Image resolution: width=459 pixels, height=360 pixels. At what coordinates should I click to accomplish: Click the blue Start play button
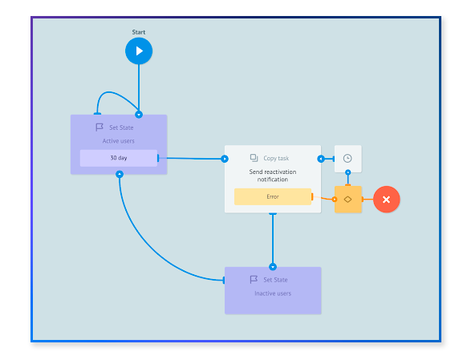[139, 51]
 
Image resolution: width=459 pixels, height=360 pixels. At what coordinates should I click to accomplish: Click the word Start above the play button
[139, 32]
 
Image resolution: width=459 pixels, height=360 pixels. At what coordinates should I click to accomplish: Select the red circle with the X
[386, 200]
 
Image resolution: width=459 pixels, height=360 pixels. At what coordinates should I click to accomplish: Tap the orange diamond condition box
[348, 199]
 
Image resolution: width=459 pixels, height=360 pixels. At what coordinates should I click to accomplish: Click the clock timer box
[347, 159]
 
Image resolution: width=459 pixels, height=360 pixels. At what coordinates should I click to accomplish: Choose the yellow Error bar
[273, 196]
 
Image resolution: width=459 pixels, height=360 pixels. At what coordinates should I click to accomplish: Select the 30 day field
[119, 158]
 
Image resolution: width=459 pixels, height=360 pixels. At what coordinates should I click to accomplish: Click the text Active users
[119, 141]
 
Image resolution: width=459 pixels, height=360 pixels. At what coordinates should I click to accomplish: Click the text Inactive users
[273, 293]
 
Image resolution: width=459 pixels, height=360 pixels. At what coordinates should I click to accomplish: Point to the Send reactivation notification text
[273, 176]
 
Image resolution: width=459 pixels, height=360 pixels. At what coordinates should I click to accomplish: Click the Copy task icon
[254, 159]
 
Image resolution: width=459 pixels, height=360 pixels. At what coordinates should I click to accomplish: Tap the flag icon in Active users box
[100, 127]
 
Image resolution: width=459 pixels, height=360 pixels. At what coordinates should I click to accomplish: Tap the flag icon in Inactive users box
[254, 280]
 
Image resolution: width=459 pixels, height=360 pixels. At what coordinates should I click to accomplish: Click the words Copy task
[276, 159]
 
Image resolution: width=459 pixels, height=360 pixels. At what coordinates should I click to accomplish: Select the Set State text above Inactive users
[276, 280]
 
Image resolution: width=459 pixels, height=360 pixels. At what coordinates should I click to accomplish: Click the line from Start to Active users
[139, 88]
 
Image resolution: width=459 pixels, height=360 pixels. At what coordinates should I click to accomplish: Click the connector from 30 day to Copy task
[193, 159]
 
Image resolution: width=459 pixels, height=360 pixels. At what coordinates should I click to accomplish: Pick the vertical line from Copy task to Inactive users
[273, 241]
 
